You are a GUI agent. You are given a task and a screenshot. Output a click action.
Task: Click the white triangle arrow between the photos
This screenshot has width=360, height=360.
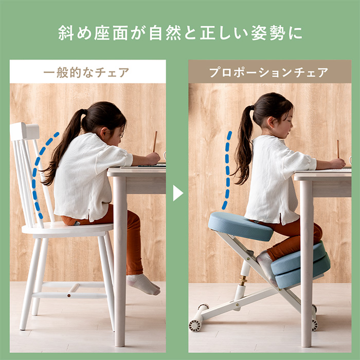177,193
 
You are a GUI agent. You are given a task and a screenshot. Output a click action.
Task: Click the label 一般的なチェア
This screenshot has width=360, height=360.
87,73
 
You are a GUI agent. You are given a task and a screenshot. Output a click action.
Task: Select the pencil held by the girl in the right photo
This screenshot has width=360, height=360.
338,149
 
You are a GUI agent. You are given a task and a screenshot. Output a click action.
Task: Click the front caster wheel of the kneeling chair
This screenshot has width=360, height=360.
195,325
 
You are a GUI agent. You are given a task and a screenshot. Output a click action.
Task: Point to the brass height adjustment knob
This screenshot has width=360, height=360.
242,280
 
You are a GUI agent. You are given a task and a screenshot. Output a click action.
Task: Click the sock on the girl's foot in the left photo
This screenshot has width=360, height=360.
143,284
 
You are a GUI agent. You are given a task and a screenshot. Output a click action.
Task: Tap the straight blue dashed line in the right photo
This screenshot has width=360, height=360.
227,170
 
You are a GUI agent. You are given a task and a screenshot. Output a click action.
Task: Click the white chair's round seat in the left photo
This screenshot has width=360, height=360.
67,229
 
